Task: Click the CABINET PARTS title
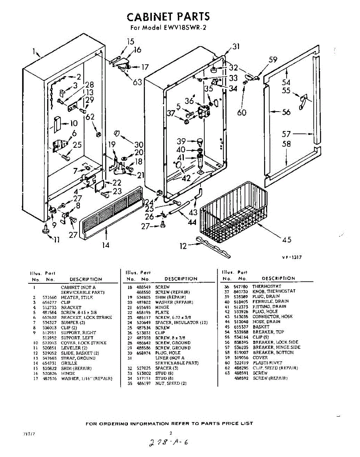click(x=168, y=17)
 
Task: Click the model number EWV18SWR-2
click(x=184, y=27)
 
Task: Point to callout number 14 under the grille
click(x=105, y=245)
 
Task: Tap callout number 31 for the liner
click(x=236, y=46)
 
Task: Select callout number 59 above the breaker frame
click(x=273, y=59)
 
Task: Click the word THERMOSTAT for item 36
click(x=266, y=286)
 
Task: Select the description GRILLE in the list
click(x=69, y=363)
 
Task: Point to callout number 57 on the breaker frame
click(x=287, y=134)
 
